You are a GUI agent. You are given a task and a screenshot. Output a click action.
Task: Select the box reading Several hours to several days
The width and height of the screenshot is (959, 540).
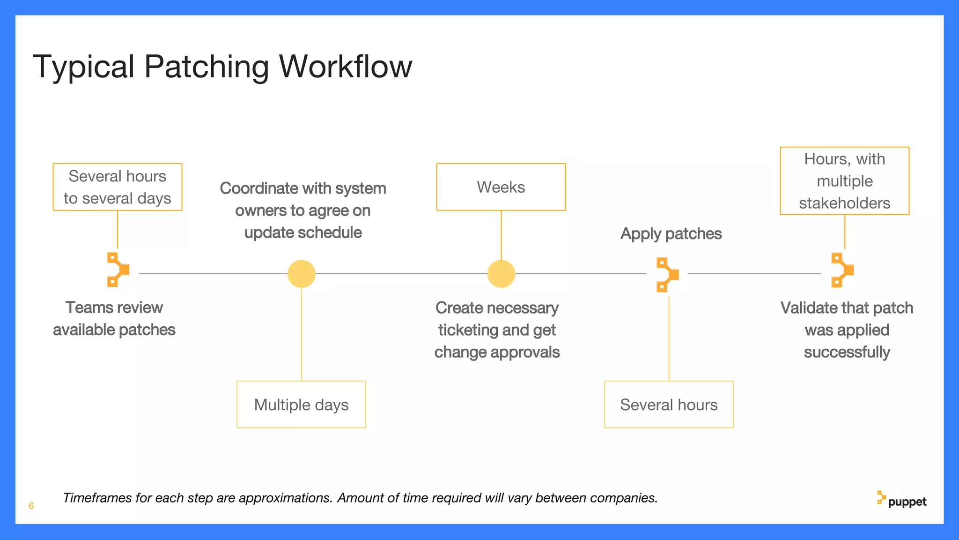[x=118, y=187]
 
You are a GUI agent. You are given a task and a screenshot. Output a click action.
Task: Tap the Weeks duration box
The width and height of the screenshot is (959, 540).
[x=501, y=187]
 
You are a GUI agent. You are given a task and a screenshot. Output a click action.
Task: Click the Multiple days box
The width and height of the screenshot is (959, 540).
[x=301, y=405]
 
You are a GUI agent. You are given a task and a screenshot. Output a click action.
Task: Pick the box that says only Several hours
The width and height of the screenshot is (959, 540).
[x=669, y=405]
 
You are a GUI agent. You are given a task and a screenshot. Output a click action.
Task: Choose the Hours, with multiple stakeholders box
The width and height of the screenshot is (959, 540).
[x=844, y=181]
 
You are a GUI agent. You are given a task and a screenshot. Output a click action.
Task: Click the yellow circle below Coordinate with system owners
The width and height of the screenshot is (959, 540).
[x=301, y=274]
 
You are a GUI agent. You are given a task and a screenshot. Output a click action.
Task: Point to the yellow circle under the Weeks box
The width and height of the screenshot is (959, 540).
[x=501, y=274]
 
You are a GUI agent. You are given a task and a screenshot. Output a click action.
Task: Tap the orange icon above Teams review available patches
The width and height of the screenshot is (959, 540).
[x=118, y=270]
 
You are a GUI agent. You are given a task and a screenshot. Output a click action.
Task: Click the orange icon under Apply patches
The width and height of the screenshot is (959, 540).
[x=667, y=275]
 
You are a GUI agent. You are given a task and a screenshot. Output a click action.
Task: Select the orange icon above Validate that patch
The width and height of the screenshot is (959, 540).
[x=842, y=270]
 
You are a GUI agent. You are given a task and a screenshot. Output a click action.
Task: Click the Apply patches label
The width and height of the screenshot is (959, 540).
[x=671, y=233]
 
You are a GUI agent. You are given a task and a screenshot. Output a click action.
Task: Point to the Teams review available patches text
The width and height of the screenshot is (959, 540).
[x=114, y=319]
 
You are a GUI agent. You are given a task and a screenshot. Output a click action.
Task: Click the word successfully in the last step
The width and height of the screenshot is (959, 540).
[x=847, y=352]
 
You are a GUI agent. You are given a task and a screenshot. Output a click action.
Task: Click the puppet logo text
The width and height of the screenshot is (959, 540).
[x=907, y=502]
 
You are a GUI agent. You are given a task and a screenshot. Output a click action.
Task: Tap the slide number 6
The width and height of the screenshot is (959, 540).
[x=31, y=506]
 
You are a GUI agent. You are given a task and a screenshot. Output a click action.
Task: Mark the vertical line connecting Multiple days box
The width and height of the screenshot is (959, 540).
[x=301, y=334]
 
